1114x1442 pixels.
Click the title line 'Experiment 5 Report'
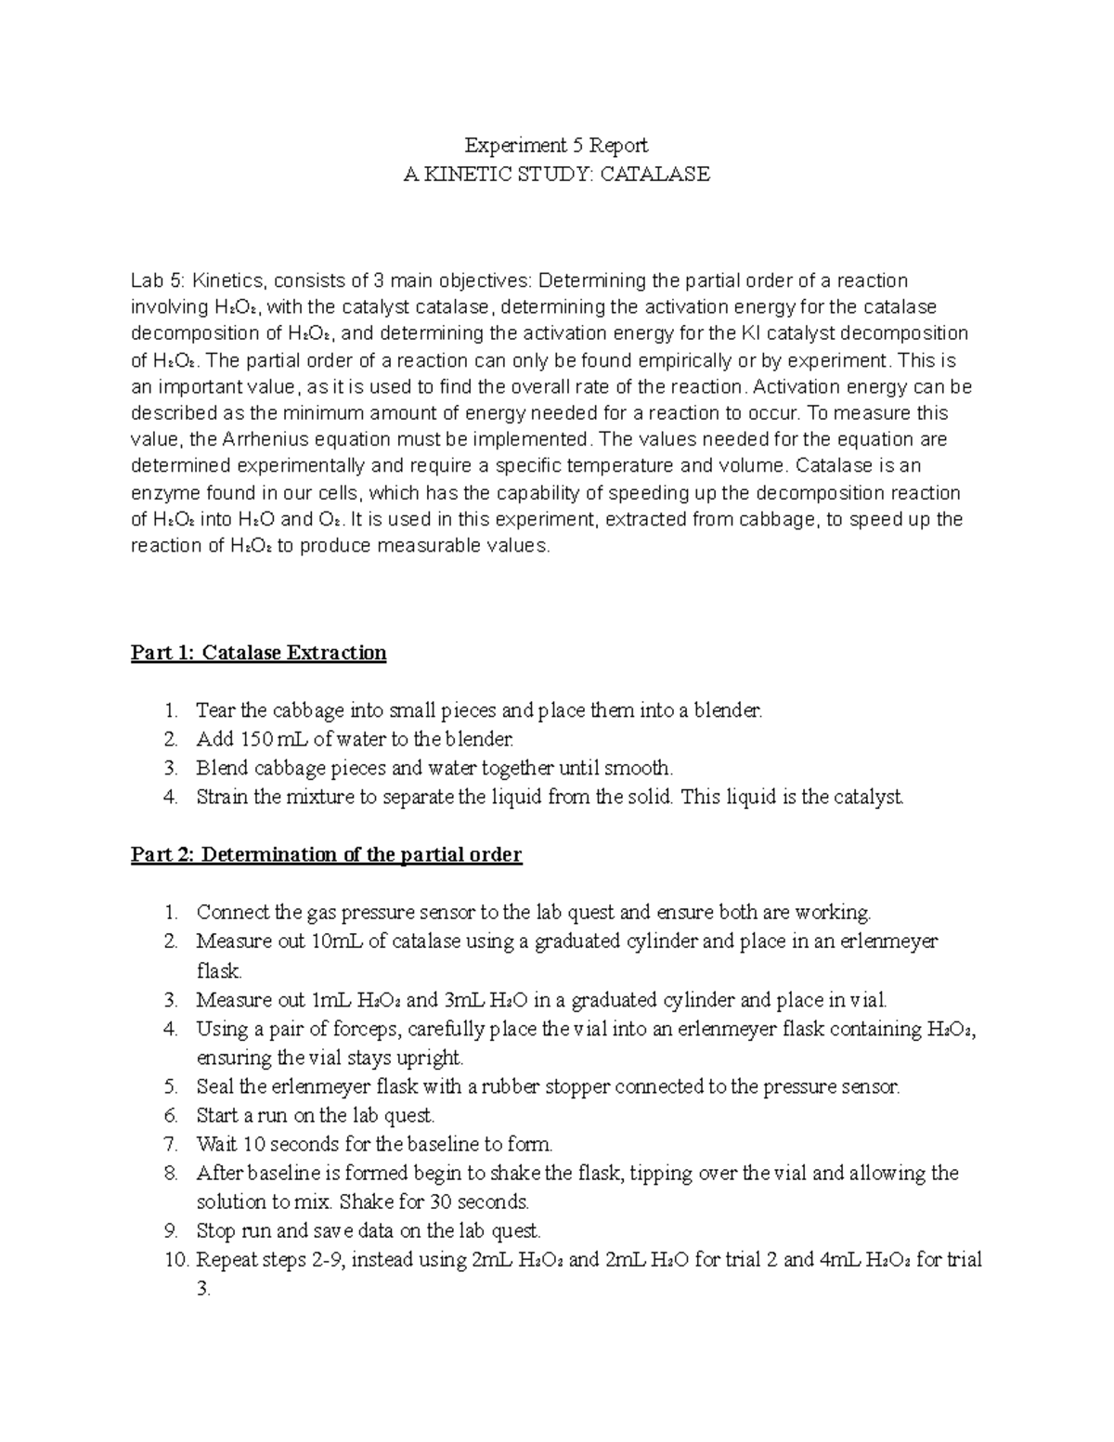coord(556,145)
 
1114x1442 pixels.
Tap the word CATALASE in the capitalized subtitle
coord(654,174)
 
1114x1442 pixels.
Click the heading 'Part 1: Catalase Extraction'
coord(258,653)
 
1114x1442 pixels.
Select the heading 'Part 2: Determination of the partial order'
coord(326,854)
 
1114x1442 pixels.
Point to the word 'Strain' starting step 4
coord(222,797)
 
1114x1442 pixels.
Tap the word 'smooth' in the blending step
coord(636,768)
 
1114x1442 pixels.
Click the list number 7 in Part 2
coord(170,1144)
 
